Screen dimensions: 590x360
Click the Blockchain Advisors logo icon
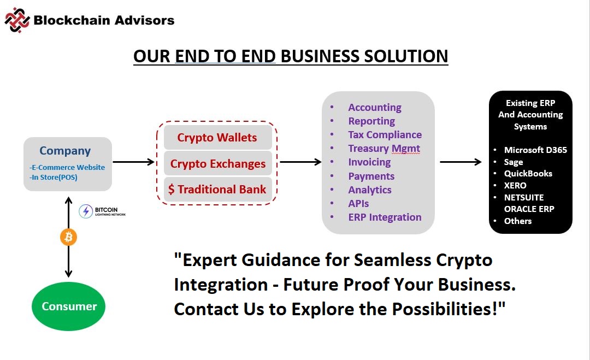point(17,20)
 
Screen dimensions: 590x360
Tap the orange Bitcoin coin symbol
point(68,237)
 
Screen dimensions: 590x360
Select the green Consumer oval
point(68,306)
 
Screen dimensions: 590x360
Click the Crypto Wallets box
point(217,137)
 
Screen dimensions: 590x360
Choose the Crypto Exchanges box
point(217,164)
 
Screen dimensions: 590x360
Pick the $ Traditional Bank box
point(217,189)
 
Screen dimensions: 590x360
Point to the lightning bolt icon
point(86,211)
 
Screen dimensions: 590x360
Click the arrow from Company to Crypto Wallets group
point(134,162)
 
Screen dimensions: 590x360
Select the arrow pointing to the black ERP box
point(461,162)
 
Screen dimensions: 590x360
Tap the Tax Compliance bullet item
point(385,135)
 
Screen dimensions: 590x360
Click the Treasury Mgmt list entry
point(384,149)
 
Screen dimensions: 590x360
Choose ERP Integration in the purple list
point(385,217)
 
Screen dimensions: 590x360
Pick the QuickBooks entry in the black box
point(528,173)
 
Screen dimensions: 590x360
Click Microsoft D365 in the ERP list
point(535,150)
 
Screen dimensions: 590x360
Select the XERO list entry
point(515,185)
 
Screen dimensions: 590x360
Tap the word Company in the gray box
point(65,151)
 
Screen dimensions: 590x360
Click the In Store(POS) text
point(54,177)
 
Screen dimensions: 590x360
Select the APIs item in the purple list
point(358,204)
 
